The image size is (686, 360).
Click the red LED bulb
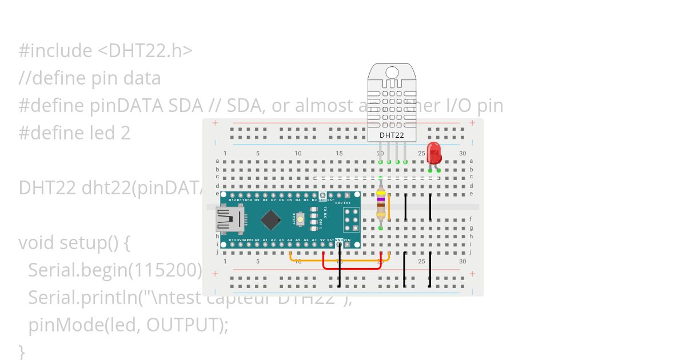click(x=434, y=152)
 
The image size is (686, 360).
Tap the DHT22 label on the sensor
click(x=392, y=135)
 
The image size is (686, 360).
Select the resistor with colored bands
click(x=381, y=203)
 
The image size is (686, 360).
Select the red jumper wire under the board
click(x=352, y=267)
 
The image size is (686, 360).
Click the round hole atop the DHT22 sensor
click(x=392, y=72)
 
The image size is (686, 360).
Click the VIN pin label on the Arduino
click(x=347, y=240)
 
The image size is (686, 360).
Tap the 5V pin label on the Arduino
click(x=322, y=240)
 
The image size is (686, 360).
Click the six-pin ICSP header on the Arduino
click(x=351, y=219)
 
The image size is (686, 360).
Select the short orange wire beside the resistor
click(x=389, y=207)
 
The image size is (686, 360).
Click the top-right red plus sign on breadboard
click(x=472, y=123)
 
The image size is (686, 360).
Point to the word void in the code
click(x=35, y=243)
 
